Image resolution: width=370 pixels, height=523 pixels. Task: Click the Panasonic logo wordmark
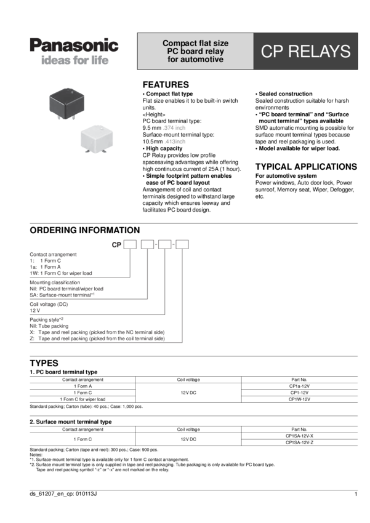pyautogui.click(x=74, y=46)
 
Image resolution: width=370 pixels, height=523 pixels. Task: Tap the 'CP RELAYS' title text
pyautogui.click(x=305, y=52)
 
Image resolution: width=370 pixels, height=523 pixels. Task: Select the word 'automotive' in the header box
pyautogui.click(x=195, y=60)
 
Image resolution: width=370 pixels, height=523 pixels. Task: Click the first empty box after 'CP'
pyautogui.click(x=130, y=245)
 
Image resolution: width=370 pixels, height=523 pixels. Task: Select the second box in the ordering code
pyautogui.click(x=147, y=245)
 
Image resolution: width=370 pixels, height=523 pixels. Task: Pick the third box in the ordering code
pyautogui.click(x=164, y=245)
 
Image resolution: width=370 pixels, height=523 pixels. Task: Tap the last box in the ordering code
pyautogui.click(x=182, y=245)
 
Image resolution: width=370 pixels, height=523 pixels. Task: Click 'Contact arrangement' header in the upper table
pyautogui.click(x=82, y=380)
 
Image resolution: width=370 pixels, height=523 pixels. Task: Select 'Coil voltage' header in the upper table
pyautogui.click(x=188, y=380)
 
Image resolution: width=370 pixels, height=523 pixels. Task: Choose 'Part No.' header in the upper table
pyautogui.click(x=299, y=380)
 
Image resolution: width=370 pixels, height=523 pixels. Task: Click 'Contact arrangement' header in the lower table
pyautogui.click(x=82, y=429)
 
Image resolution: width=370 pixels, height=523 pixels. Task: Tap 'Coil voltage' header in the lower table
pyautogui.click(x=188, y=429)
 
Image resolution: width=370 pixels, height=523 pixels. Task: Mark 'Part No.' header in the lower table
pyautogui.click(x=299, y=429)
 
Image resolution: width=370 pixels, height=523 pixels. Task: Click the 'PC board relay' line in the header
pyautogui.click(x=195, y=52)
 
